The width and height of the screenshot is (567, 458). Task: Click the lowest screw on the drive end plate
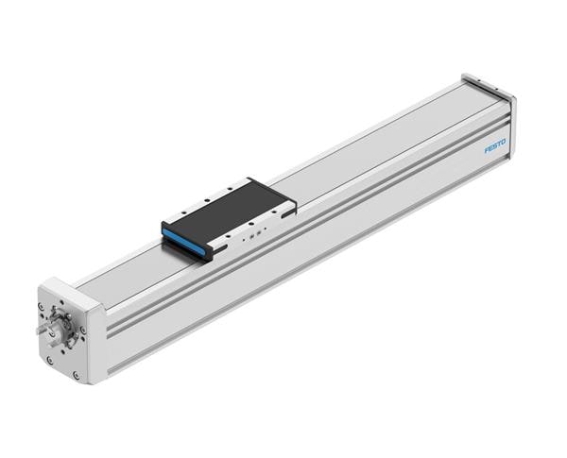[76, 374]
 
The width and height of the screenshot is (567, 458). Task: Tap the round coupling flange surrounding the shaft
[63, 332]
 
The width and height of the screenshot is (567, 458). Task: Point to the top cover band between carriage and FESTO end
[378, 142]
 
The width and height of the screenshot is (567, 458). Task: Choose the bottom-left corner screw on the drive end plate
[49, 360]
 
